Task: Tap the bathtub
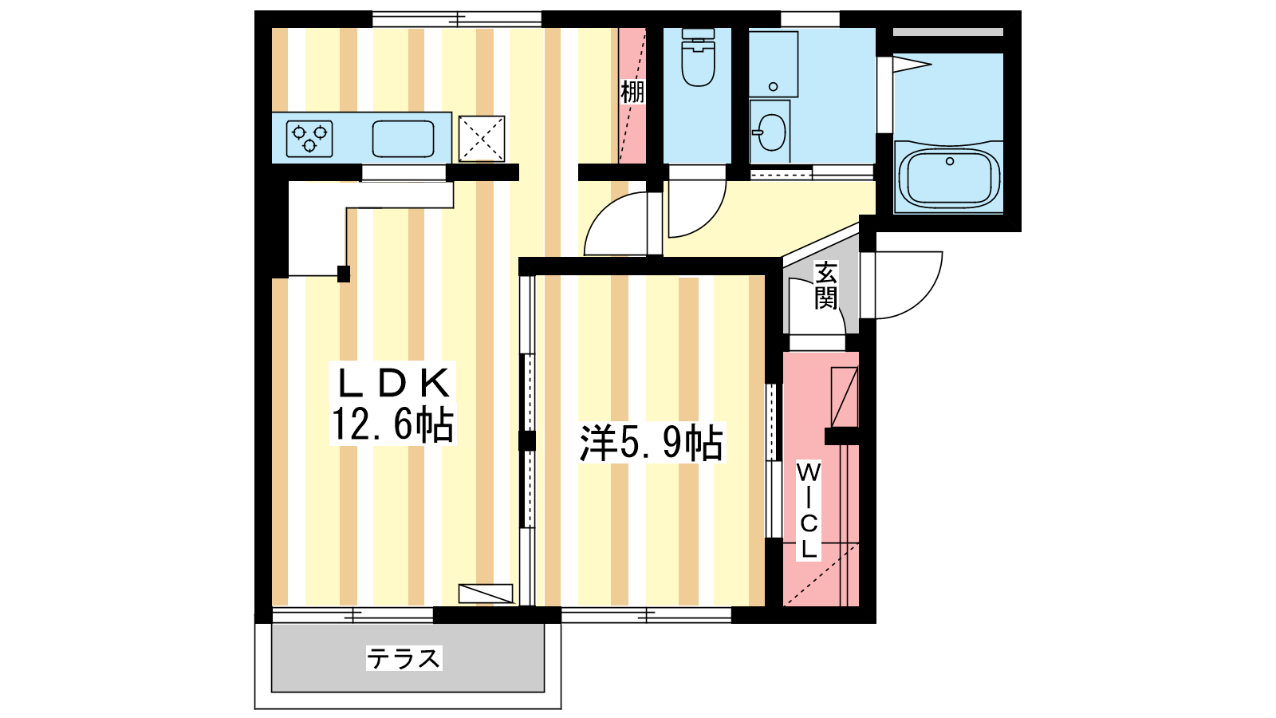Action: [x=949, y=176]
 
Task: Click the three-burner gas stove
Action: [x=309, y=139]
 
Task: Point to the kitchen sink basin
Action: [x=404, y=139]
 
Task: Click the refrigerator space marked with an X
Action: [x=482, y=139]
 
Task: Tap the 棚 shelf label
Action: [x=632, y=92]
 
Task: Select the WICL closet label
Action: [x=809, y=511]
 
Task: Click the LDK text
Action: [x=394, y=384]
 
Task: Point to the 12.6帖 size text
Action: [x=392, y=424]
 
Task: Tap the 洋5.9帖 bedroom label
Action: [x=651, y=442]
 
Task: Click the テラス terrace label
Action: [x=404, y=659]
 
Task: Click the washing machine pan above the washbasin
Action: [x=773, y=64]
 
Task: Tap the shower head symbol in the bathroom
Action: [x=912, y=64]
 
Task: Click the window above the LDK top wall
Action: [x=457, y=19]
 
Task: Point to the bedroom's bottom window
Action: [x=647, y=615]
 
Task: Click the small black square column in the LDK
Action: [x=344, y=274]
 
